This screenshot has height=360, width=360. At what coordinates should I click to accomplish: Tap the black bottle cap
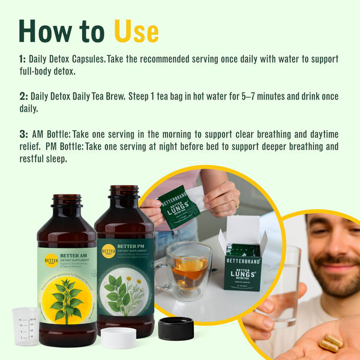[x=176, y=329]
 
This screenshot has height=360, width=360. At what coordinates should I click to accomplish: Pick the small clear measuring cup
[x=25, y=326]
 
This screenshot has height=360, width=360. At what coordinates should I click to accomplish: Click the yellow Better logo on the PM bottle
[x=109, y=251]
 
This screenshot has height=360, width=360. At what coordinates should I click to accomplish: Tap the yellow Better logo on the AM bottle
[x=52, y=260]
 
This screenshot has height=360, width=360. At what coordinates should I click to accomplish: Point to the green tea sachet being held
[x=178, y=204]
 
